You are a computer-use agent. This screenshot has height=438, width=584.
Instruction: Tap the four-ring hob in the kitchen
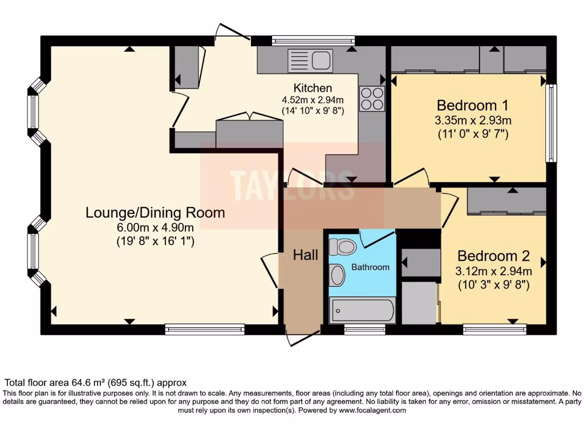[371, 98]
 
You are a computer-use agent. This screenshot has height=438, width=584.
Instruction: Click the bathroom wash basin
[338, 275]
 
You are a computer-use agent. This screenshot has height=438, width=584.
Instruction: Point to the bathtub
[362, 311]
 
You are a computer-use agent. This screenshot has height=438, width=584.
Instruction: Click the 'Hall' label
[306, 255]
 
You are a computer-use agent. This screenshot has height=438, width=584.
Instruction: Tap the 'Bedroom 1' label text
[472, 106]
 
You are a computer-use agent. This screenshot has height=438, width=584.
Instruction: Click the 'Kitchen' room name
[313, 88]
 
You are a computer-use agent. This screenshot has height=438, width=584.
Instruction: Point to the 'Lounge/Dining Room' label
[155, 213]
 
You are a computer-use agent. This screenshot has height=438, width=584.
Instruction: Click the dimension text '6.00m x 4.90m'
[155, 228]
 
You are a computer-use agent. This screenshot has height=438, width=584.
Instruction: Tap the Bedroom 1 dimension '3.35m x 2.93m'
[473, 120]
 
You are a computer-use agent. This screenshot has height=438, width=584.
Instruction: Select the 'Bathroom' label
[370, 267]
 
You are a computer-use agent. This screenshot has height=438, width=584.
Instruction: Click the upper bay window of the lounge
[34, 112]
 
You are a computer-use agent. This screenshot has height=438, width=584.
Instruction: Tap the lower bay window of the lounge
[34, 251]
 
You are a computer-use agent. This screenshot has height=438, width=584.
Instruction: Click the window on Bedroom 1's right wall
[551, 123]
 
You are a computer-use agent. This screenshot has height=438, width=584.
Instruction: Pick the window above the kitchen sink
[313, 40]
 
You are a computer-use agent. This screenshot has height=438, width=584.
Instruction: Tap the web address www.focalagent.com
[372, 410]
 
